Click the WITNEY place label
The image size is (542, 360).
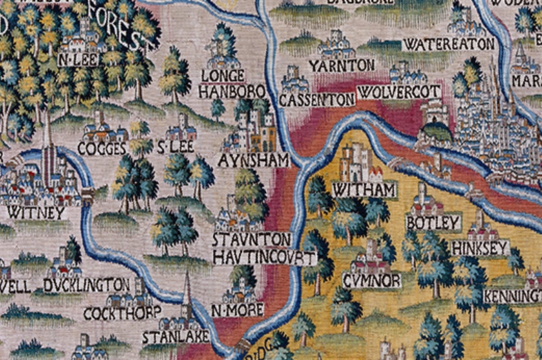coord(37,212)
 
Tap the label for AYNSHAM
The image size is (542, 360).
coord(254,161)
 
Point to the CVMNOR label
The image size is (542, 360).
coord(372,280)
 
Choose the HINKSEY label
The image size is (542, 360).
coord(480,248)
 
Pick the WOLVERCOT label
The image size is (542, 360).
coord(399,92)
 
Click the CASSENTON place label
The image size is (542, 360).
coord(317,100)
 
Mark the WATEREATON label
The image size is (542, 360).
coord(449,44)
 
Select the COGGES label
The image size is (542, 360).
coord(102,149)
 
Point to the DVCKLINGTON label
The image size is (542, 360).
coord(87,285)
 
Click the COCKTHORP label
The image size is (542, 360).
coord(122,313)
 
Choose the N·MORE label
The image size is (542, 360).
coord(238,310)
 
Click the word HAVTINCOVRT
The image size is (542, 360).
coord(265,258)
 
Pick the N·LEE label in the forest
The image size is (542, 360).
coord(78,60)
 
